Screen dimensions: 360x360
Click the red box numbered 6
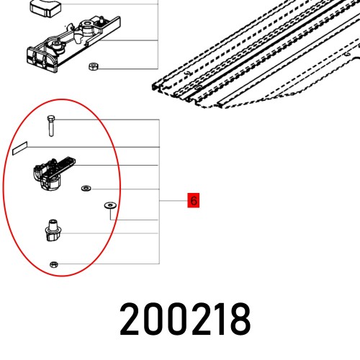click(x=193, y=200)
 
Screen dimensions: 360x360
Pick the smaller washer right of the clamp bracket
click(x=85, y=188)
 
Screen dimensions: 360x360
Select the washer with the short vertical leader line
click(x=109, y=205)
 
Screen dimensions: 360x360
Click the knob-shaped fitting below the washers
click(x=53, y=231)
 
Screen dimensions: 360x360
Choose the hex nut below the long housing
click(x=92, y=67)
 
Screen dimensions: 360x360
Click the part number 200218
click(x=185, y=318)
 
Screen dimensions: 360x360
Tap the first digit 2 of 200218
click(x=132, y=318)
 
